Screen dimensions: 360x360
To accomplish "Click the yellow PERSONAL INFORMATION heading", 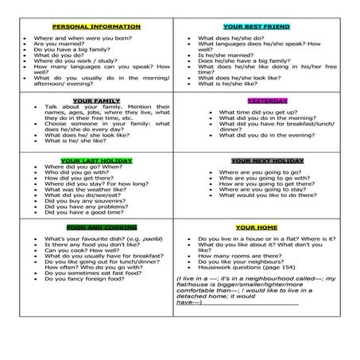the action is pos(95,26).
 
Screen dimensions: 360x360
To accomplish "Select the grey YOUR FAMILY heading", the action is pos(95,100).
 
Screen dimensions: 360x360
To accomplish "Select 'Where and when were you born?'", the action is pos(79,37).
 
